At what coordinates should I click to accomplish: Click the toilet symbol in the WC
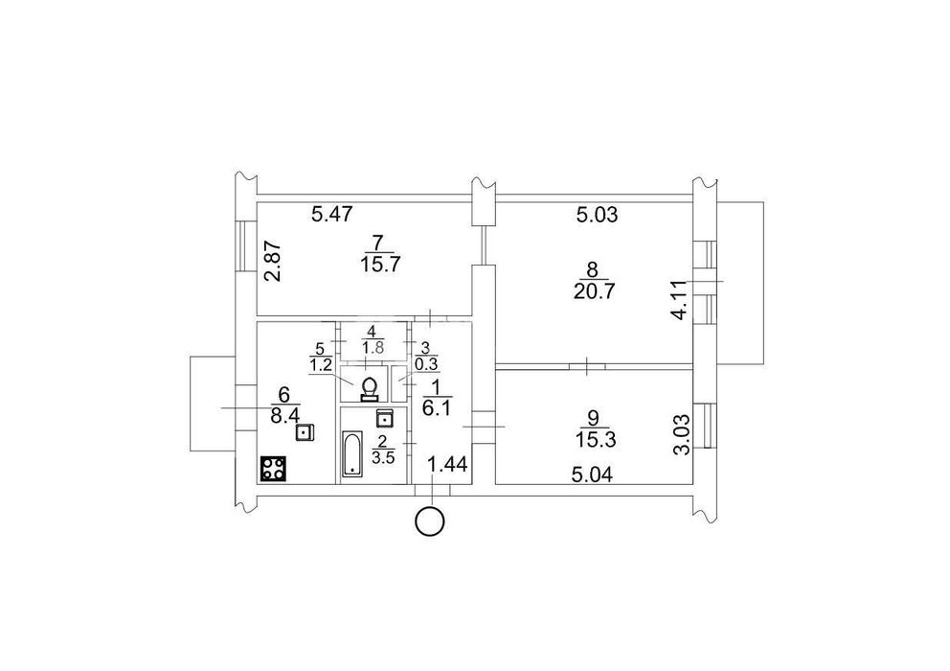(369, 389)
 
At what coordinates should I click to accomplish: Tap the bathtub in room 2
(351, 453)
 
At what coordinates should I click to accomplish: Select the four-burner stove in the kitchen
(273, 469)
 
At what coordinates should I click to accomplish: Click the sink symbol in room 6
(305, 432)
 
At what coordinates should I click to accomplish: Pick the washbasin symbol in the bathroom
(385, 418)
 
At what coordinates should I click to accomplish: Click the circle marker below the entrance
(430, 521)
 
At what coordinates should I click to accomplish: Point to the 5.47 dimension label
(332, 214)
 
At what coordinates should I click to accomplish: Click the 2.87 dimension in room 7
(274, 262)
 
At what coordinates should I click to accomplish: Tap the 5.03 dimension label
(597, 215)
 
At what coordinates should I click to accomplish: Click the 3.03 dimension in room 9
(682, 434)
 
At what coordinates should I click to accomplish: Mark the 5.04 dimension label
(592, 474)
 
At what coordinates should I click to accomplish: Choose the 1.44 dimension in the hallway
(448, 465)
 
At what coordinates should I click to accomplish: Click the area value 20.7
(594, 291)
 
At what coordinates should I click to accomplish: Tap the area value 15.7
(381, 265)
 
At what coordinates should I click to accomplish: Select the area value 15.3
(596, 440)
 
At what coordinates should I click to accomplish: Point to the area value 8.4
(284, 417)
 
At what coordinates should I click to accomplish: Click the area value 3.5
(383, 457)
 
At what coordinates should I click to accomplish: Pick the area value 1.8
(372, 348)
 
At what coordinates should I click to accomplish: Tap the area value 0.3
(427, 364)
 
